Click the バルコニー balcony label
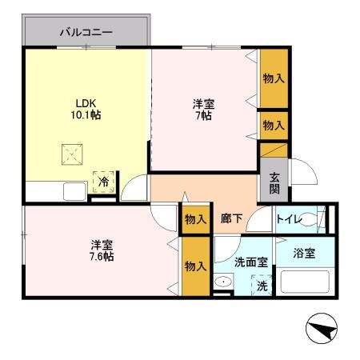click(x=86, y=34)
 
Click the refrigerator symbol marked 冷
click(x=103, y=182)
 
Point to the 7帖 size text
click(x=202, y=116)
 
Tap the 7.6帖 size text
click(x=101, y=256)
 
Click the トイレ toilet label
click(x=290, y=218)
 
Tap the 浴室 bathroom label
click(x=304, y=254)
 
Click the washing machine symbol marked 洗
click(x=261, y=283)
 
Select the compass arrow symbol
click(x=324, y=329)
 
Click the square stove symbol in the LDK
click(x=71, y=154)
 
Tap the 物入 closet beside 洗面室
click(x=195, y=266)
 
